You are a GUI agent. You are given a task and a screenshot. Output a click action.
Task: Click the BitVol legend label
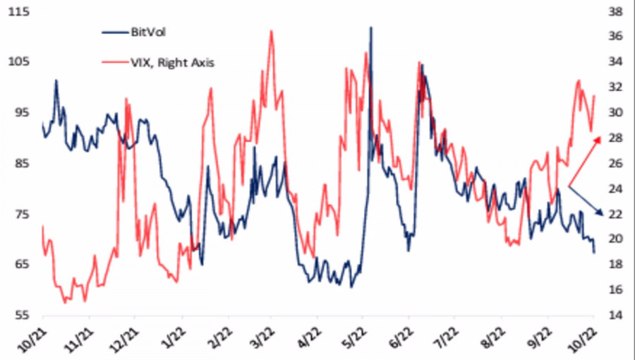pos(149,32)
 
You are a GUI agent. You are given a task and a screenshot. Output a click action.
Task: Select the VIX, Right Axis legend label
pos(172,62)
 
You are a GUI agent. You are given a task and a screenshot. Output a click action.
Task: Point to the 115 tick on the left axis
pos(20,11)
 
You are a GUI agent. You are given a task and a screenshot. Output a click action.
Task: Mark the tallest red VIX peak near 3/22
pos(271,31)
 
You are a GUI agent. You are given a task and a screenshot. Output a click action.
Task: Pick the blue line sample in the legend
pos(114,32)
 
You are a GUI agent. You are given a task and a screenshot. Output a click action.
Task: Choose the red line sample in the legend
pos(114,62)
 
